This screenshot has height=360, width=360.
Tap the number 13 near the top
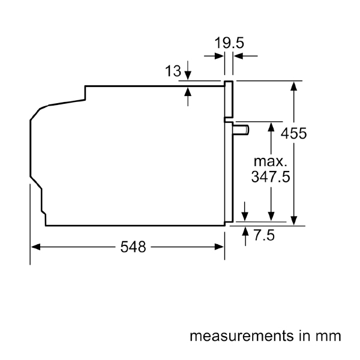(x=173, y=72)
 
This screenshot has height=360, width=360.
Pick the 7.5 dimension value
(x=264, y=235)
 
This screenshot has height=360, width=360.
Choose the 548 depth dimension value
(x=133, y=247)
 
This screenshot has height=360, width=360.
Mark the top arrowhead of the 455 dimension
(x=294, y=85)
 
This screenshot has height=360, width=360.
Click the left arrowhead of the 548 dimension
(x=35, y=247)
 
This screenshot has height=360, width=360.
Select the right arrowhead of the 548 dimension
(x=220, y=247)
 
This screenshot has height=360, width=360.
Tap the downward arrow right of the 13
(x=188, y=74)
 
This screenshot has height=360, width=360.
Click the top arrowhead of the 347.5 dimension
(x=272, y=127)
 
